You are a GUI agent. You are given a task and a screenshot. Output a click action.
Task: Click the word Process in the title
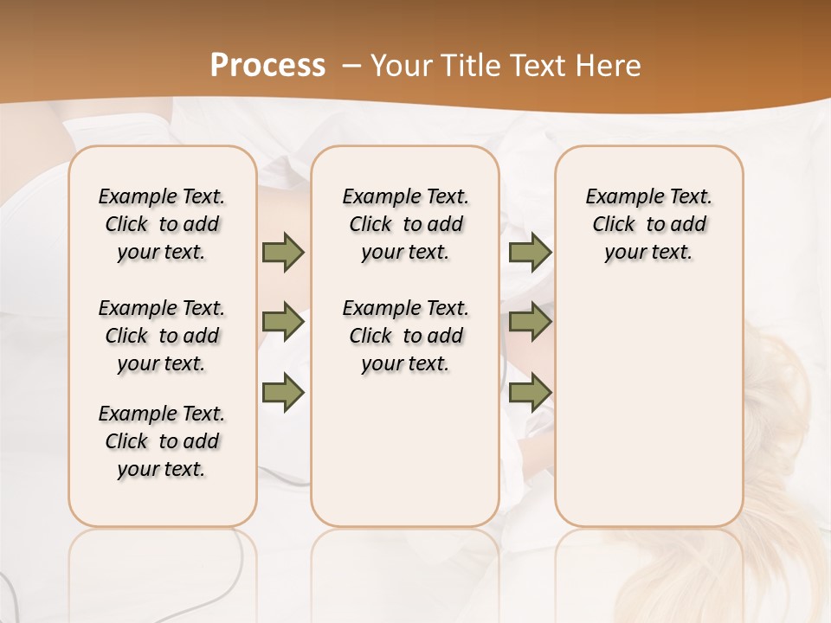pyautogui.click(x=267, y=66)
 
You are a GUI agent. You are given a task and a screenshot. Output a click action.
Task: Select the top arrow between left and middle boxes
pyautogui.click(x=283, y=252)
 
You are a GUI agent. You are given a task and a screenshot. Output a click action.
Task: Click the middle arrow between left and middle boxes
pyautogui.click(x=283, y=322)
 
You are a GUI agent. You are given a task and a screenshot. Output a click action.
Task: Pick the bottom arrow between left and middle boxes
pyautogui.click(x=283, y=393)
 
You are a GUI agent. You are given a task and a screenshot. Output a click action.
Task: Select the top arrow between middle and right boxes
pyautogui.click(x=530, y=252)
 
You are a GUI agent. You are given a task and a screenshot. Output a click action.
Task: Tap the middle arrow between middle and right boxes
pyautogui.click(x=530, y=322)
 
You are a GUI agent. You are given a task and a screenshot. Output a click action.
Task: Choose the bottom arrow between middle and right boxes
pyautogui.click(x=530, y=393)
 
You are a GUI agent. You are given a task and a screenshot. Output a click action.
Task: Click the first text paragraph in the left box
pyautogui.click(x=162, y=224)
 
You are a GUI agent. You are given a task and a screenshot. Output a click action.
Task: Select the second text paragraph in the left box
pyautogui.click(x=162, y=336)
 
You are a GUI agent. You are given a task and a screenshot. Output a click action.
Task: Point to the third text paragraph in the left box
pyautogui.click(x=162, y=441)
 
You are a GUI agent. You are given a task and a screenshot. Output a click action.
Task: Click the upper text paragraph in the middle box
pyautogui.click(x=405, y=224)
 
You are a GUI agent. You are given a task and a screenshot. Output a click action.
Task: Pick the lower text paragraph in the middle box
pyautogui.click(x=405, y=336)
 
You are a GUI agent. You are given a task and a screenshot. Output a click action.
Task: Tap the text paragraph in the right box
pyautogui.click(x=649, y=224)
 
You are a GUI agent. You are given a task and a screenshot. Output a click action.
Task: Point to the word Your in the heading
pyautogui.click(x=401, y=66)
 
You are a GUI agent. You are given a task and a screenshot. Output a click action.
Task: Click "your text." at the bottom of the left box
pyautogui.click(x=162, y=469)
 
